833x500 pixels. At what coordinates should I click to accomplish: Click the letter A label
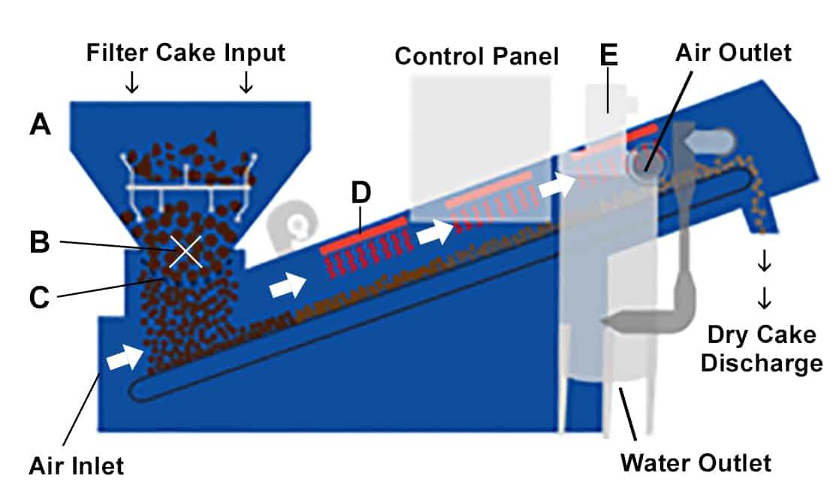(x=41, y=123)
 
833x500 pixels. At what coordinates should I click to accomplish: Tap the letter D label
(x=361, y=194)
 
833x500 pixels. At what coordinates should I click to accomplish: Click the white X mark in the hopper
(x=186, y=251)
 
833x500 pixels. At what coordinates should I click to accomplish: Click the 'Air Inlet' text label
(x=76, y=466)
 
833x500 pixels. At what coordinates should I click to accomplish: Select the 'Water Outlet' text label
(x=695, y=462)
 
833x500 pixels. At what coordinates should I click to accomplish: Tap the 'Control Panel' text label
(x=477, y=56)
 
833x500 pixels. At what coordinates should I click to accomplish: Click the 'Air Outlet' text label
(x=733, y=53)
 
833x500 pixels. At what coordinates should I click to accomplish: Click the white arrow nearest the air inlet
(x=124, y=359)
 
